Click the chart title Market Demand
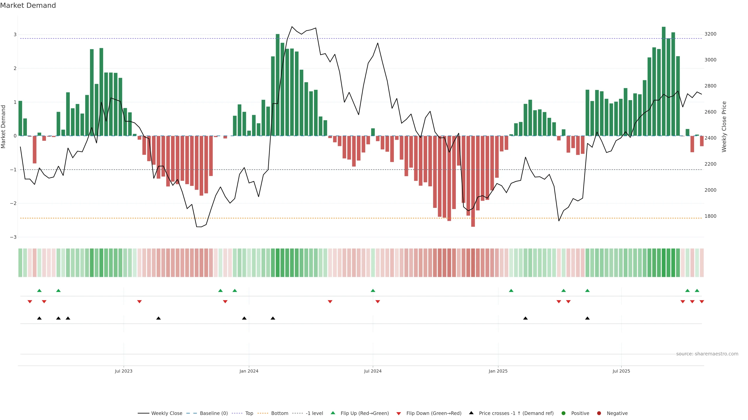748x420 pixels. click(x=28, y=5)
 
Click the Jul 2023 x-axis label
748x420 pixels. click(x=123, y=371)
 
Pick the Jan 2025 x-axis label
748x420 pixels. click(x=498, y=371)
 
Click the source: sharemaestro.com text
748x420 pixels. click(x=707, y=354)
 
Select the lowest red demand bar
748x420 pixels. click(x=473, y=181)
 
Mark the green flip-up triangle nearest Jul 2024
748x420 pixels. click(x=373, y=290)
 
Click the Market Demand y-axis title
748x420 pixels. click(x=3, y=127)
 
